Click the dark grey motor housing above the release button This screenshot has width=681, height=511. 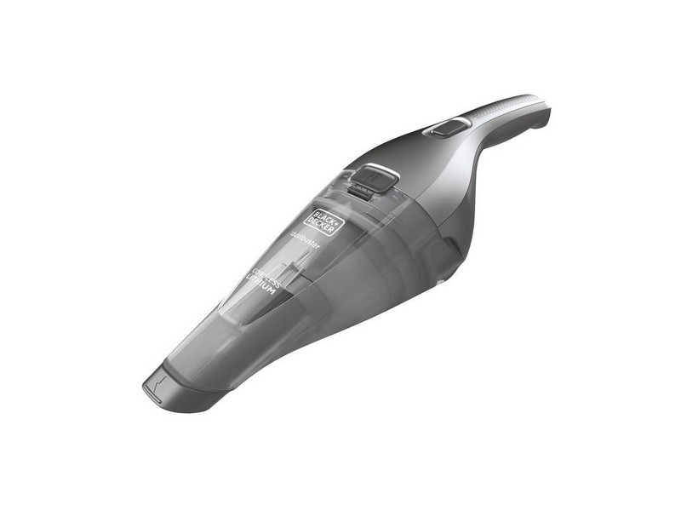click(x=400, y=153)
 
